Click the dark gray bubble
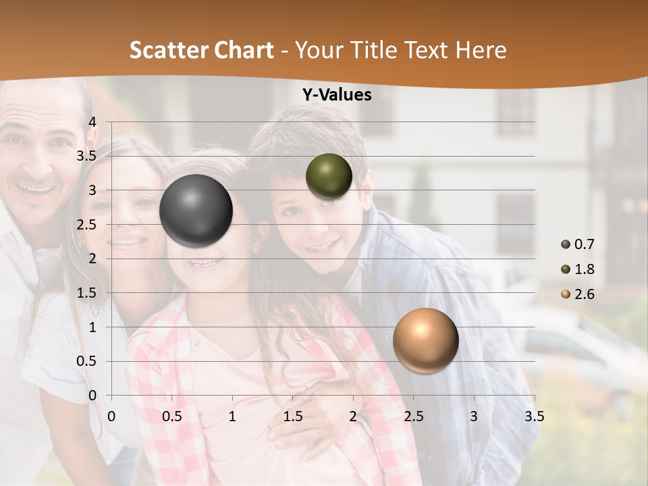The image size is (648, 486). point(196,211)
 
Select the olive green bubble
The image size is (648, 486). point(329,177)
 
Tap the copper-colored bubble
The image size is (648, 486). point(425,340)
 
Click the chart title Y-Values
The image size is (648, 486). point(336,95)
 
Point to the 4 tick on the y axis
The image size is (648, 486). point(92,122)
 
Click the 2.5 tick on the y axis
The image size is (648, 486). point(86,225)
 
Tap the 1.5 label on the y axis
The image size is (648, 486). point(86,293)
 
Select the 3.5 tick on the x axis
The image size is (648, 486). point(534,416)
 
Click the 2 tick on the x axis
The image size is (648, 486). point(353,416)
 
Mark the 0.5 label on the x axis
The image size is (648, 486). point(172,416)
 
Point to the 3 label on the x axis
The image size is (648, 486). point(474,416)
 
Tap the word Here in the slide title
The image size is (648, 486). point(481,50)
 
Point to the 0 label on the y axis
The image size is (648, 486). point(92,396)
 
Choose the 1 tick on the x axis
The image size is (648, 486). point(232,416)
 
